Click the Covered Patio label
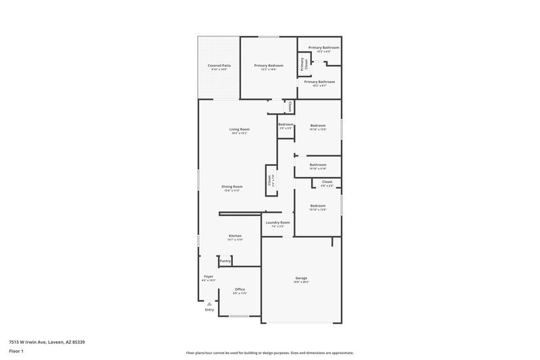219,65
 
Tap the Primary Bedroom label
269,65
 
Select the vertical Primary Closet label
306,65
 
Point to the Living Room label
240,129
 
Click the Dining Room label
232,186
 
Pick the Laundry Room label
277,222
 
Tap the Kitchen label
234,236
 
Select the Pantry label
225,261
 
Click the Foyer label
209,276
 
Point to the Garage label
301,278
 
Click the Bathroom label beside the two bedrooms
318,165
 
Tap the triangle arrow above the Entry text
209,304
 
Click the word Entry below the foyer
209,310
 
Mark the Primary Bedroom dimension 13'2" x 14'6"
269,69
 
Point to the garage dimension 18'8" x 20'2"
301,282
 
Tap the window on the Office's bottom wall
239,316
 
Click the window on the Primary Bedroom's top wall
269,36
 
